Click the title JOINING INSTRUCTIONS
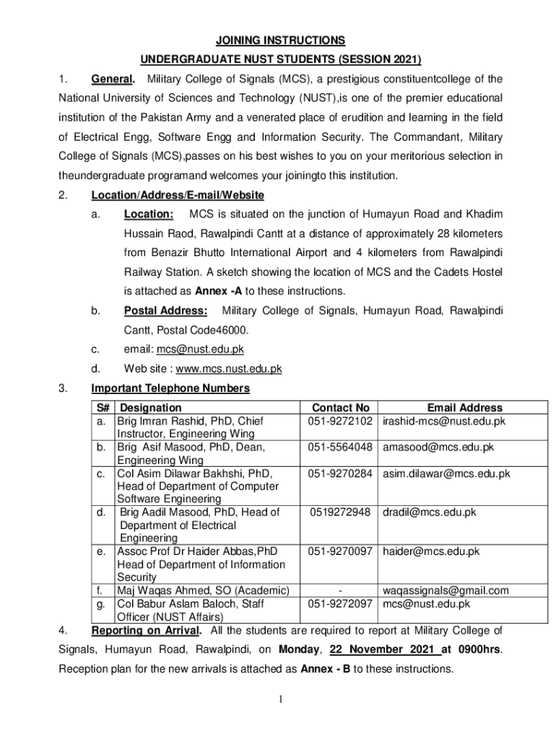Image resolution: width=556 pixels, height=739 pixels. tap(278, 40)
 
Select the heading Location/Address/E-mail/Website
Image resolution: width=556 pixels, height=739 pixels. tap(178, 195)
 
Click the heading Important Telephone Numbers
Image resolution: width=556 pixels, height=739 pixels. tap(170, 388)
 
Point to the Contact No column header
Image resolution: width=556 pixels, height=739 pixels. tap(340, 408)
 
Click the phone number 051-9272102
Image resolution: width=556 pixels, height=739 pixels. tap(340, 421)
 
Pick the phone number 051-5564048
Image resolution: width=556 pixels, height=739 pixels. tap(340, 447)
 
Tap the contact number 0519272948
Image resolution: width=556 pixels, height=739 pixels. tap(340, 512)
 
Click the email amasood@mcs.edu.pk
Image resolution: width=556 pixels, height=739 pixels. tap(438, 447)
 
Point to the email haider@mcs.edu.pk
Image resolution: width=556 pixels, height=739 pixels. tap(431, 551)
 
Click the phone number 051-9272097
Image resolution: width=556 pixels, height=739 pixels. tap(340, 604)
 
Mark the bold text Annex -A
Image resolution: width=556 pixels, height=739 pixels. tap(220, 291)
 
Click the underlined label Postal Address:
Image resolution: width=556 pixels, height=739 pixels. tap(166, 310)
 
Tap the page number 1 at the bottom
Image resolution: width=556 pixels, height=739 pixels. tap(278, 699)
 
